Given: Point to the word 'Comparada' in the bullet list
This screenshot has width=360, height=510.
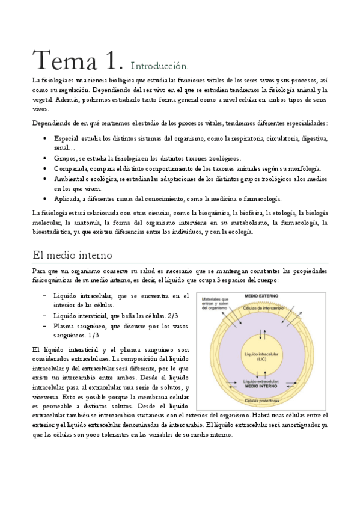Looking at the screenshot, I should [x=70, y=168].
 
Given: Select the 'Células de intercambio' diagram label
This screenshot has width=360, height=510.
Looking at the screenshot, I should [x=263, y=307].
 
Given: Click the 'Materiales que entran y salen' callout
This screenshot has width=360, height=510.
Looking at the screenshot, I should [x=216, y=304].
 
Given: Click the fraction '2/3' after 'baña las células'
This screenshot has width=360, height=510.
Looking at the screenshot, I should [x=172, y=316].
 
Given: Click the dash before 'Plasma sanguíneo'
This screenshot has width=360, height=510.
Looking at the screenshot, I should [x=46, y=325].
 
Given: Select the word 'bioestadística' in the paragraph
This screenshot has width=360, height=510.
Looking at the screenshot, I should [x=55, y=233].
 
